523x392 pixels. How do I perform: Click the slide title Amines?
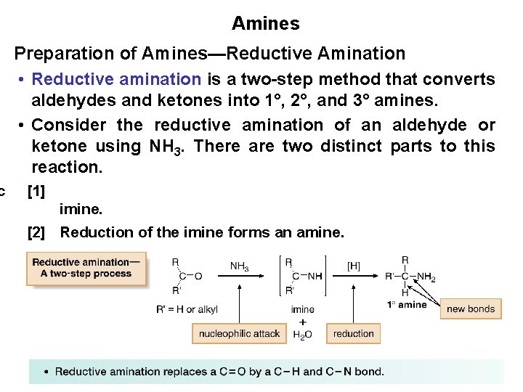pos(265,23)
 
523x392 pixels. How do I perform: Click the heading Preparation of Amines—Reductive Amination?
pos(210,53)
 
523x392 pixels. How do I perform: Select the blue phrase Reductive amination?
pos(117,79)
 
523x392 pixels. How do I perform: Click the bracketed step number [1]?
pos(36,192)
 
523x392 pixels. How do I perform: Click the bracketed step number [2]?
pos(36,232)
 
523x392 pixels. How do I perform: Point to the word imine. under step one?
pos(81,210)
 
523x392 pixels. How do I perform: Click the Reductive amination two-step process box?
pos(86,268)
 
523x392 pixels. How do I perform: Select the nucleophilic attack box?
pos(239,334)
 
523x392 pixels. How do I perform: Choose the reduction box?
pos(354,334)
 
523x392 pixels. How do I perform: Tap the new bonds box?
pos(470,309)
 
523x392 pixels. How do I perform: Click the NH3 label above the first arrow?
pos(239,267)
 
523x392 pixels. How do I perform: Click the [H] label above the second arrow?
pos(353,266)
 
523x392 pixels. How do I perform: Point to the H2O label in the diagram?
pos(302,335)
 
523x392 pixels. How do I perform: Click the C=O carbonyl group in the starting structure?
pos(191,277)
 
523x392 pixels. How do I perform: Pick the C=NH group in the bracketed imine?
pos(307,277)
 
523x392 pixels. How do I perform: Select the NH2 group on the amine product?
pos(426,277)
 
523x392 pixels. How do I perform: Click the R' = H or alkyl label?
pos(187,309)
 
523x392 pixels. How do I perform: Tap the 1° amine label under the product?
pos(407,305)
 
